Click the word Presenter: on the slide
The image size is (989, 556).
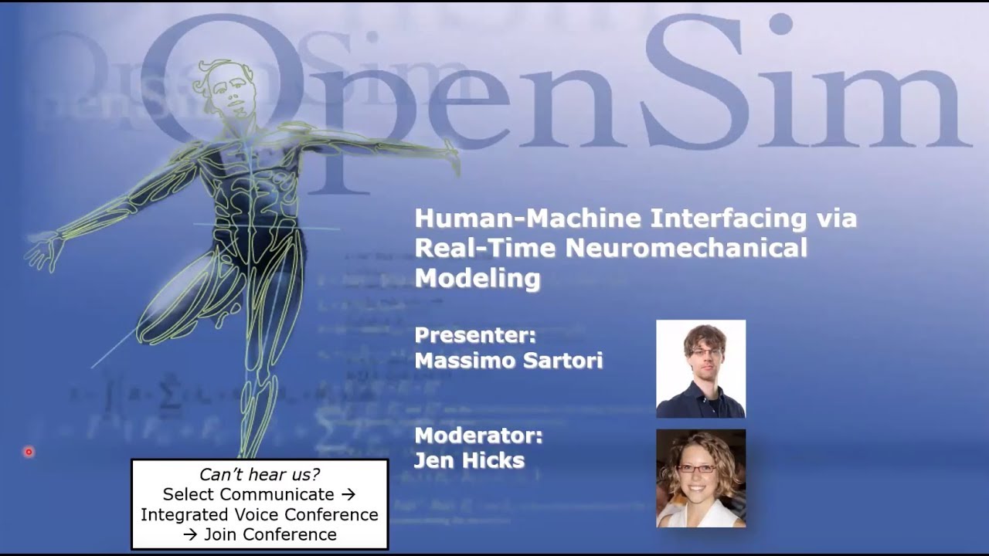474,336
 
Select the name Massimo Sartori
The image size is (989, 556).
508,361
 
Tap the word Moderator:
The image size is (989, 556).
478,436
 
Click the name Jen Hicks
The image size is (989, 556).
469,461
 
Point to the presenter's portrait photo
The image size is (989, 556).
701,369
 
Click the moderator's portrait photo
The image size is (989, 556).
701,479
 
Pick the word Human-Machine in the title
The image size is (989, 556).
527,219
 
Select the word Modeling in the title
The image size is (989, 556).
477,277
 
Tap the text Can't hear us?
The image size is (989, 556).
260,475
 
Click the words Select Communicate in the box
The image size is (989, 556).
248,494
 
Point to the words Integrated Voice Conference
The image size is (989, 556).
260,514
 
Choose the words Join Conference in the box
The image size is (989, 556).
270,534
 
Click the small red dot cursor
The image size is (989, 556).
29,452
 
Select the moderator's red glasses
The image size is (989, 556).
696,468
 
